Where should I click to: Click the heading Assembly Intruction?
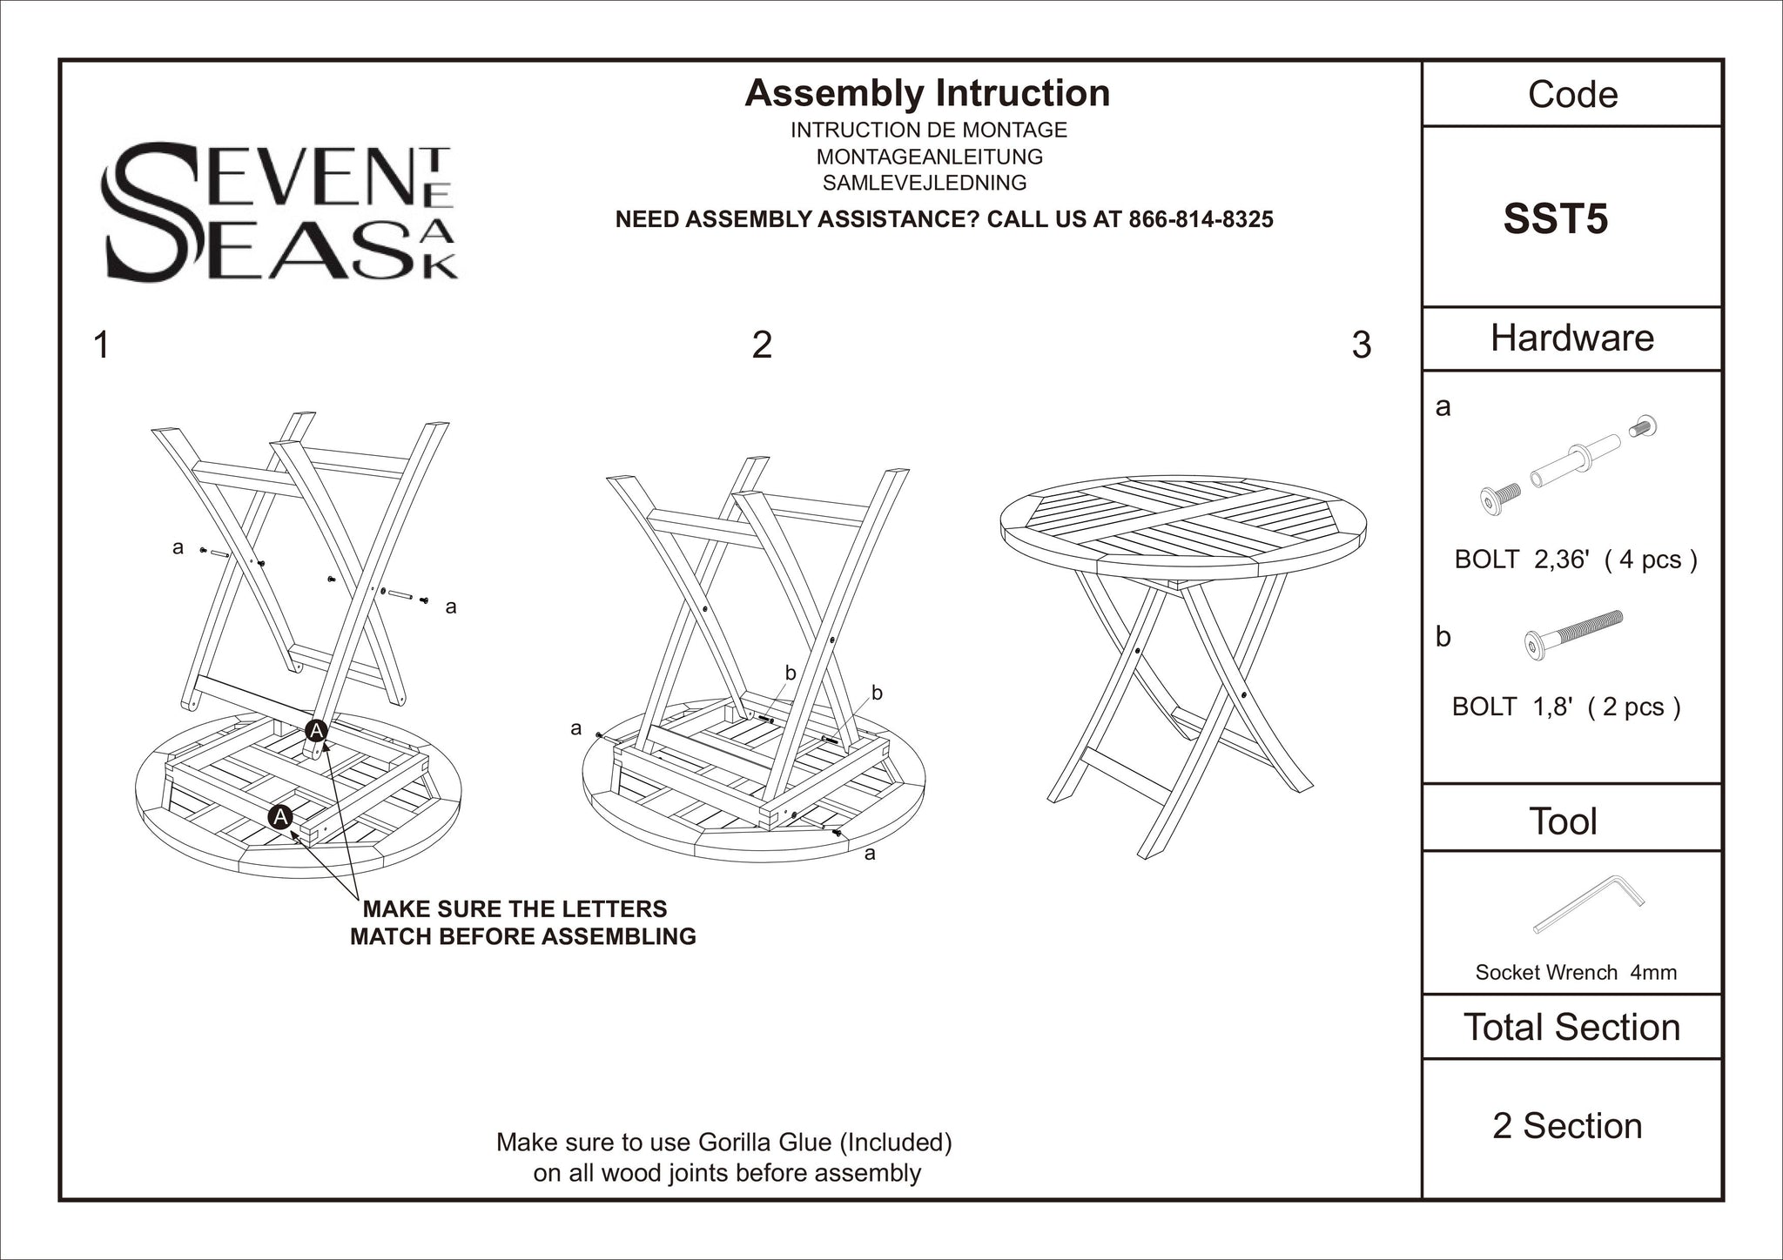[927, 93]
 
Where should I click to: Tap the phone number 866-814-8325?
[1201, 219]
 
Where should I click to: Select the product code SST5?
[1555, 219]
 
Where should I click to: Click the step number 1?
[101, 345]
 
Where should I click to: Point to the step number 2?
[761, 345]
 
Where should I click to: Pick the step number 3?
[1362, 345]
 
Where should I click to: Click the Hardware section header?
[1571, 338]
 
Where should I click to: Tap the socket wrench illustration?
[1588, 903]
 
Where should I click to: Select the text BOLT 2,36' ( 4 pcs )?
[1575, 559]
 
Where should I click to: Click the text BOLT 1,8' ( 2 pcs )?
[1565, 707]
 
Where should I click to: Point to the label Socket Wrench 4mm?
[1575, 972]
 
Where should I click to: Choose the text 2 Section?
[1567, 1126]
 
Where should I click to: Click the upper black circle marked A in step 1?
[317, 731]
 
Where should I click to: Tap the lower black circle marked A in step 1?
[280, 816]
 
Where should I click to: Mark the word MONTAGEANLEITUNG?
[929, 157]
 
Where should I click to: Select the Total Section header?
[1571, 1027]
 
